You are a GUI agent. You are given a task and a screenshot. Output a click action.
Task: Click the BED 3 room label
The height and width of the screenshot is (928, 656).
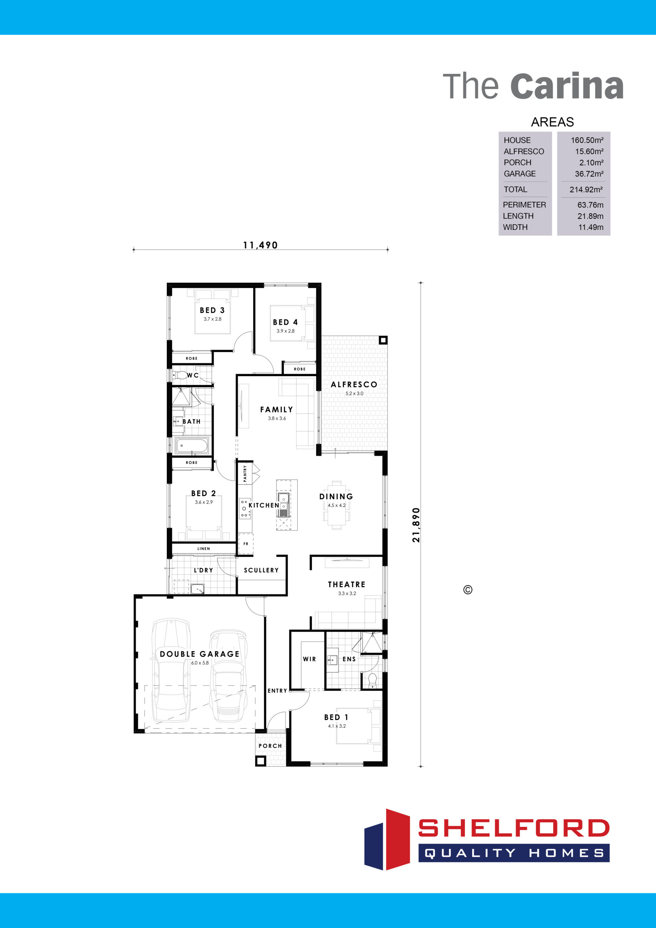pos(212,310)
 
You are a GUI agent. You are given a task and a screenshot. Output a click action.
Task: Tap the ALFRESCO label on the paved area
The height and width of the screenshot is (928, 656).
pos(354,385)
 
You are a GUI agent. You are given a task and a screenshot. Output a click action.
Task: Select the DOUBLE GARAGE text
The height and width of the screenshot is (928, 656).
pos(200,654)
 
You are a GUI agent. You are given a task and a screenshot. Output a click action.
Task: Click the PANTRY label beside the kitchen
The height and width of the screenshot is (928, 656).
pos(245,473)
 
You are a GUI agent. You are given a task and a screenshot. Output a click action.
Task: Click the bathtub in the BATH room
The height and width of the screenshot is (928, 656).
pos(192,446)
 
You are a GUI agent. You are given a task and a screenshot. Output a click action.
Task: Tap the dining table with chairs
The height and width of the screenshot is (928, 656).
pos(337,505)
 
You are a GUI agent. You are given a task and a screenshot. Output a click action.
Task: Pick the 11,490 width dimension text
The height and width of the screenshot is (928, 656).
pos(260,245)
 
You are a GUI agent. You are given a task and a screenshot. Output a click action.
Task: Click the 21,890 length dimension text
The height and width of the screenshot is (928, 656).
pos(416,525)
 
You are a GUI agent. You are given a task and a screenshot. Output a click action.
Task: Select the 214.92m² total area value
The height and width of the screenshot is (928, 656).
pos(586,189)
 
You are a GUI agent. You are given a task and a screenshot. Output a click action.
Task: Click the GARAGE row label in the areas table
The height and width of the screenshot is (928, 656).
pos(520,174)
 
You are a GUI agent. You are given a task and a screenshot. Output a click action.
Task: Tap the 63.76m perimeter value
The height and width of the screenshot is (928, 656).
pos(590,205)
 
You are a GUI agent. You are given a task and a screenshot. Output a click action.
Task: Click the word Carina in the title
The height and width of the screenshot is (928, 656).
pos(567,86)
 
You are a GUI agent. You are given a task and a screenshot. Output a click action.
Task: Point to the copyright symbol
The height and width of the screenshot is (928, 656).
pos(468,590)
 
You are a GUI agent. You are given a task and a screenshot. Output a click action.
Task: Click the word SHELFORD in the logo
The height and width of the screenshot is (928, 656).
pos(514,828)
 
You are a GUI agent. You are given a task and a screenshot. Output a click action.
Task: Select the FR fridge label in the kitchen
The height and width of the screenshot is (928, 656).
pos(246,544)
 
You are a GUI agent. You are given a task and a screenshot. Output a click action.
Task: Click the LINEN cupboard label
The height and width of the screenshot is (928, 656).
pos(204,548)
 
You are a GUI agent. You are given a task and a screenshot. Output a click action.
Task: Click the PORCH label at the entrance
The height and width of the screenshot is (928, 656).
pos(270,746)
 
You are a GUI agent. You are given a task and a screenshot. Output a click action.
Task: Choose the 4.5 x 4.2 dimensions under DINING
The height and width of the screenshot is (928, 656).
pos(337,505)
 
